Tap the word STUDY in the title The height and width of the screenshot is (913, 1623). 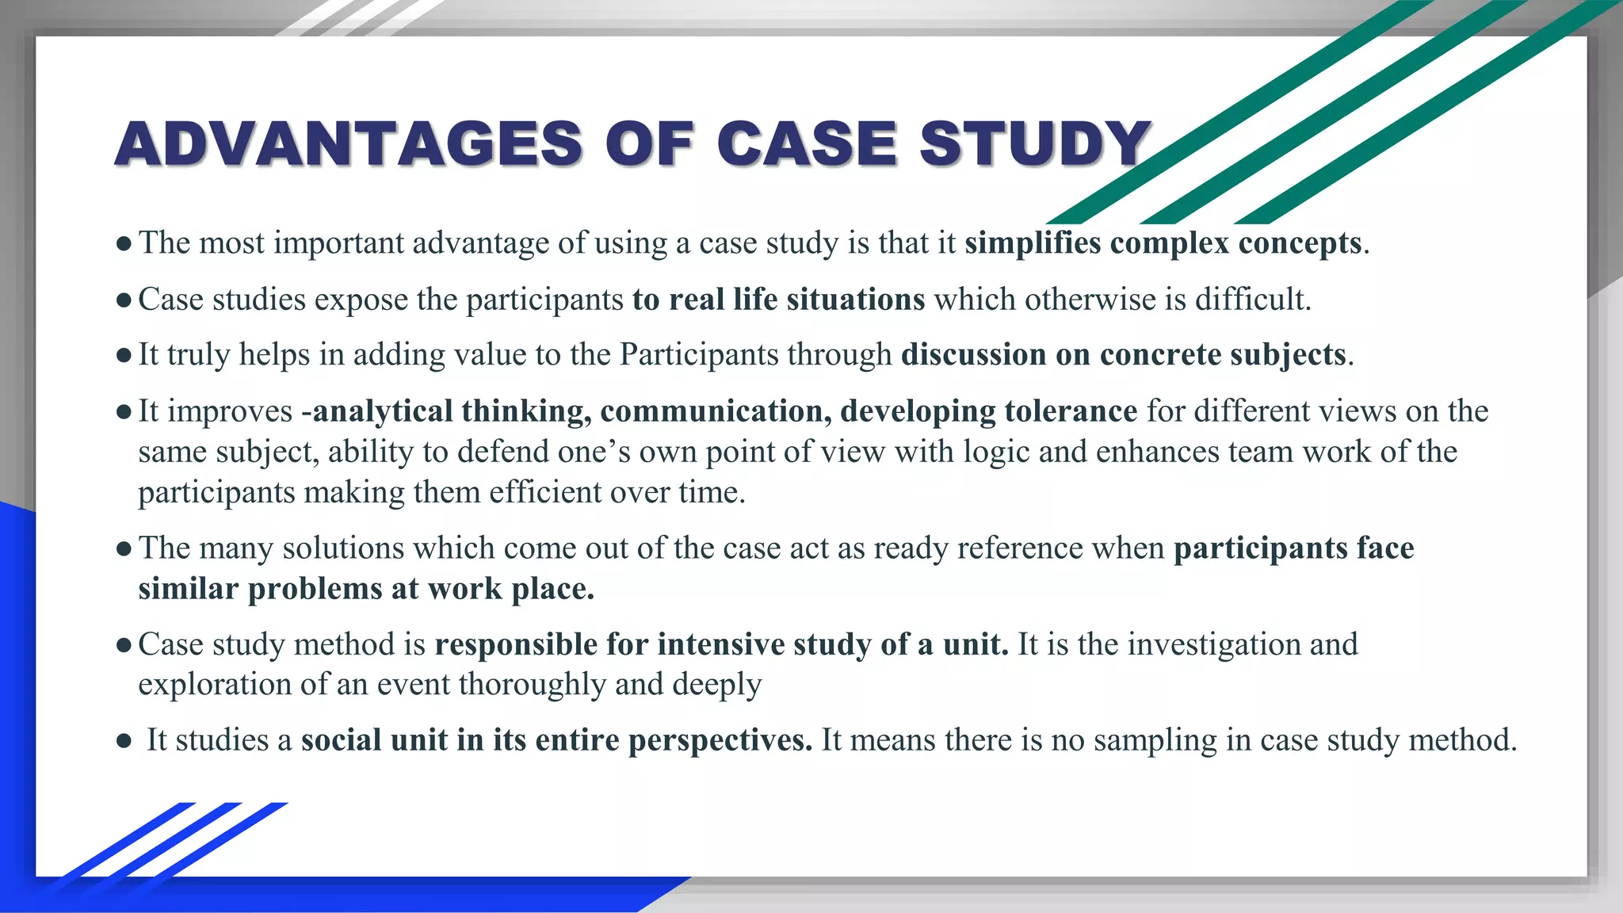coord(1035,144)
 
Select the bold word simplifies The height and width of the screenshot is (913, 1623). coord(1033,243)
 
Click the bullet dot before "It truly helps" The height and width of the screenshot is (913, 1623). coord(123,356)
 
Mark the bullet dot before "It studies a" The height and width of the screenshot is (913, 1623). coord(123,742)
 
